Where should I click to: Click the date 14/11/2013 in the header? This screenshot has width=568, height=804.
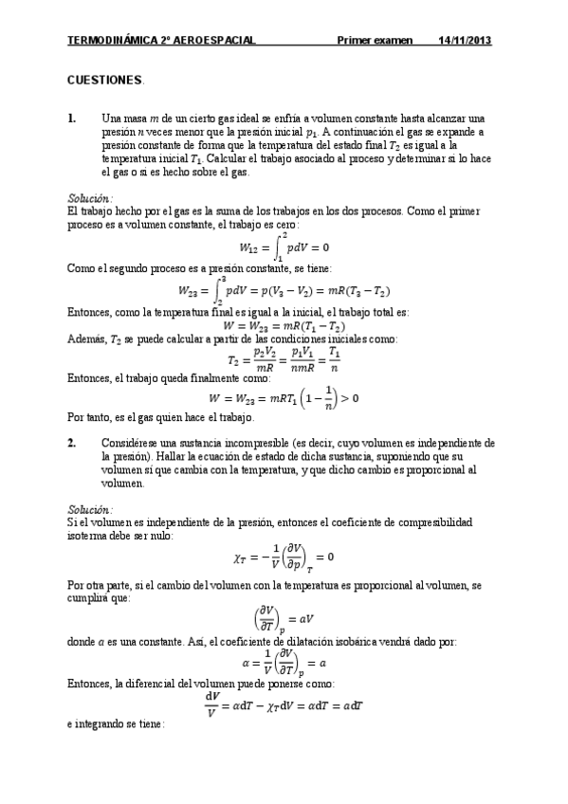tap(465, 41)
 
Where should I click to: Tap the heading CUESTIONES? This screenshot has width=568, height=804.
tap(105, 82)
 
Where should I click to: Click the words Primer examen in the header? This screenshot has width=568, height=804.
tap(376, 41)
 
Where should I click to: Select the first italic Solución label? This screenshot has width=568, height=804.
tap(90, 197)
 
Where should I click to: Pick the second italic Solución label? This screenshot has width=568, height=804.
tap(90, 509)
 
